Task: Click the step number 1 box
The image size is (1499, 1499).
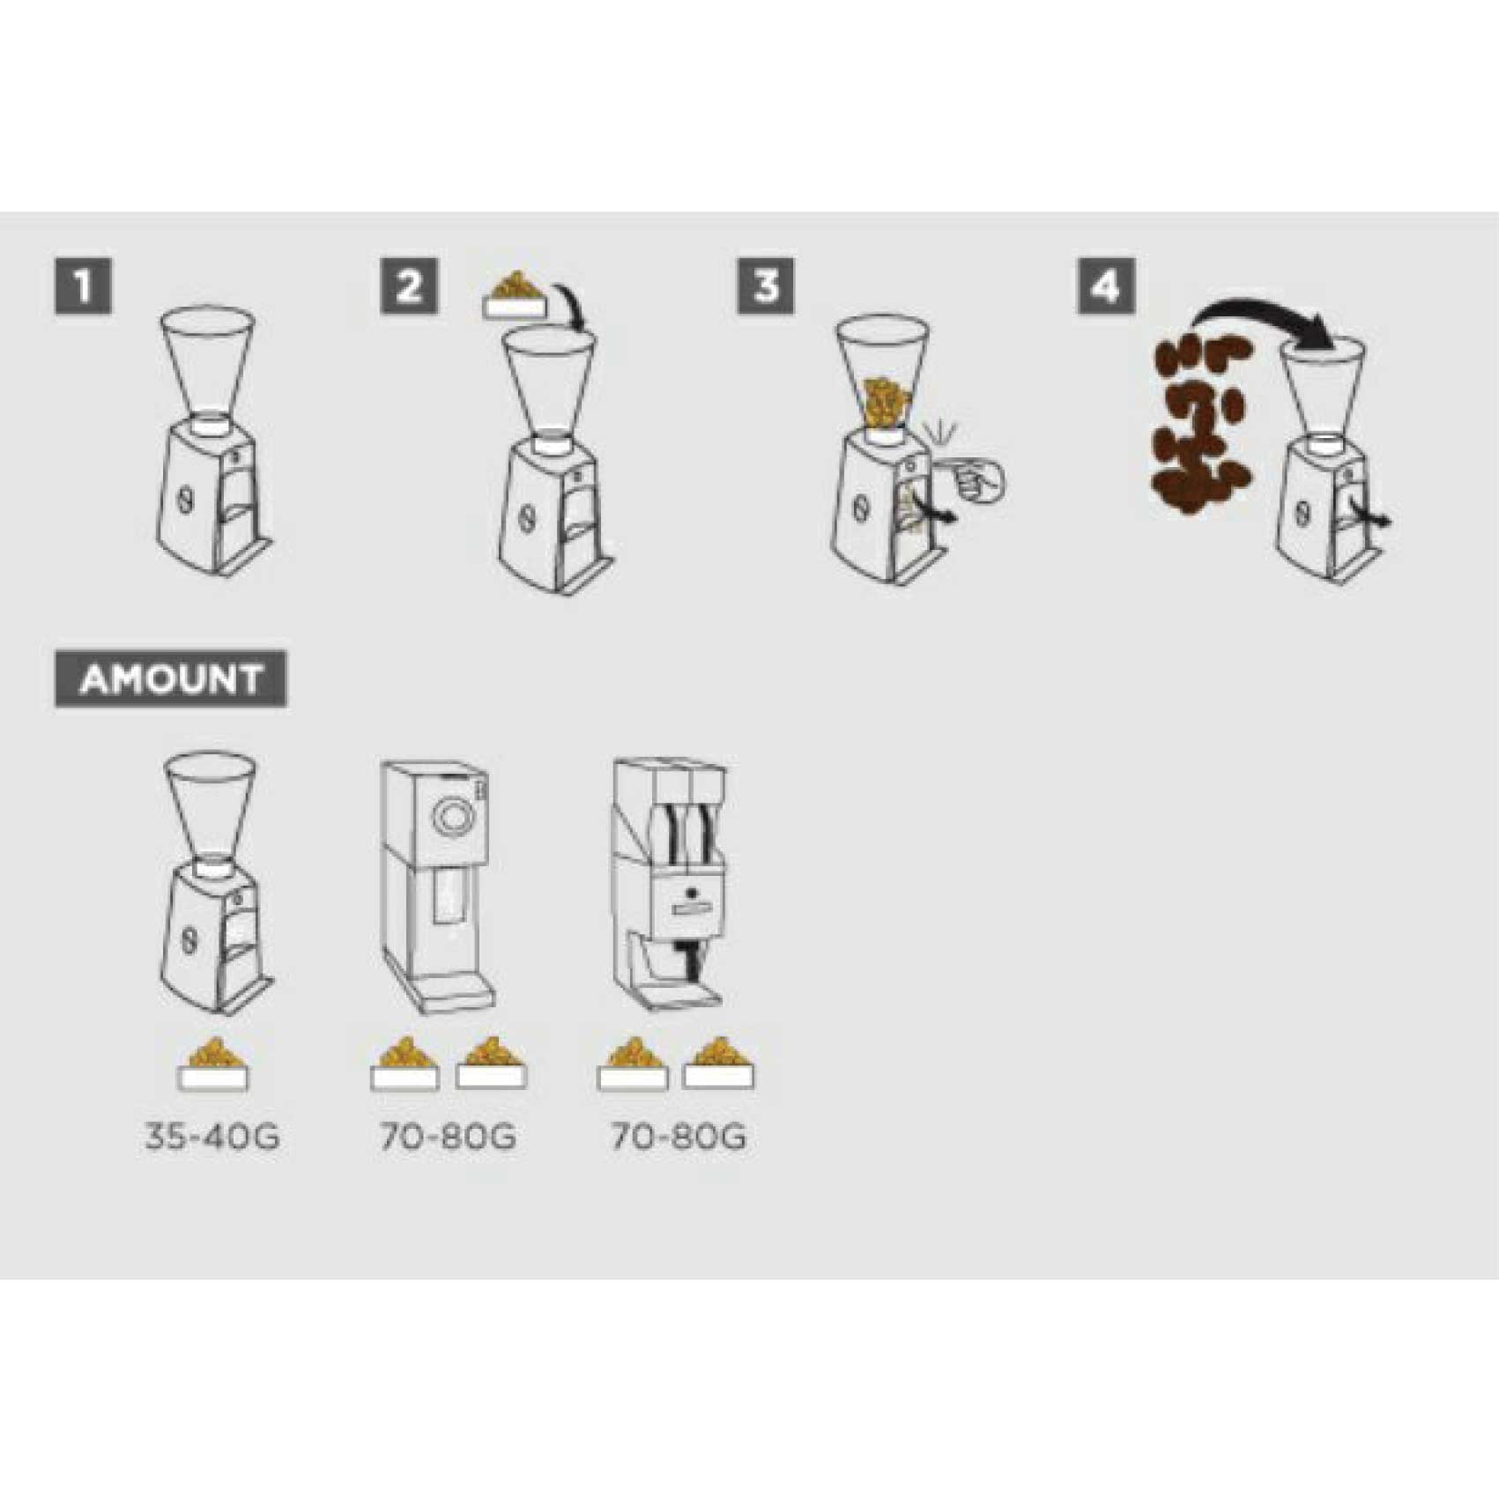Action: (83, 286)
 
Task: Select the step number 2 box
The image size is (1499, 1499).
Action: (409, 286)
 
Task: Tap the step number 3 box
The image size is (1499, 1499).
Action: (766, 286)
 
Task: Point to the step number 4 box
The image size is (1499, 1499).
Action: (1106, 286)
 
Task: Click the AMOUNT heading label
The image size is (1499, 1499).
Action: (171, 679)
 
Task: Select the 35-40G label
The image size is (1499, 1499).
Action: (212, 1137)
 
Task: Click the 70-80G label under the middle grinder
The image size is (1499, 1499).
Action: (448, 1137)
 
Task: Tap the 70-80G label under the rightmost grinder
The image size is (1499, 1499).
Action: (679, 1137)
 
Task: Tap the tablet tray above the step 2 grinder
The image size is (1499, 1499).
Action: (516, 294)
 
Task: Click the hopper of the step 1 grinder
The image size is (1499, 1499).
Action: (208, 361)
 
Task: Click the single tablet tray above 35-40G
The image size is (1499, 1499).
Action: (213, 1065)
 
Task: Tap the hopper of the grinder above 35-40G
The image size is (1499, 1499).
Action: (211, 806)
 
